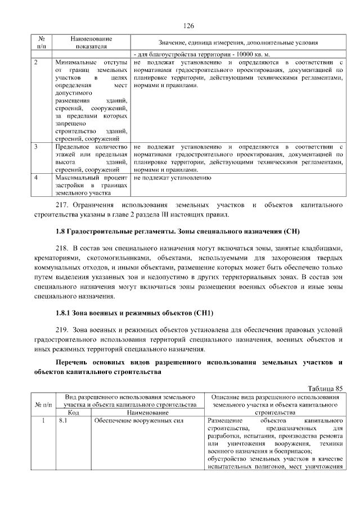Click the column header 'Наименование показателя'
point(91,42)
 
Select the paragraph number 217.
point(64,205)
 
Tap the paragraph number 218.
point(61,248)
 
